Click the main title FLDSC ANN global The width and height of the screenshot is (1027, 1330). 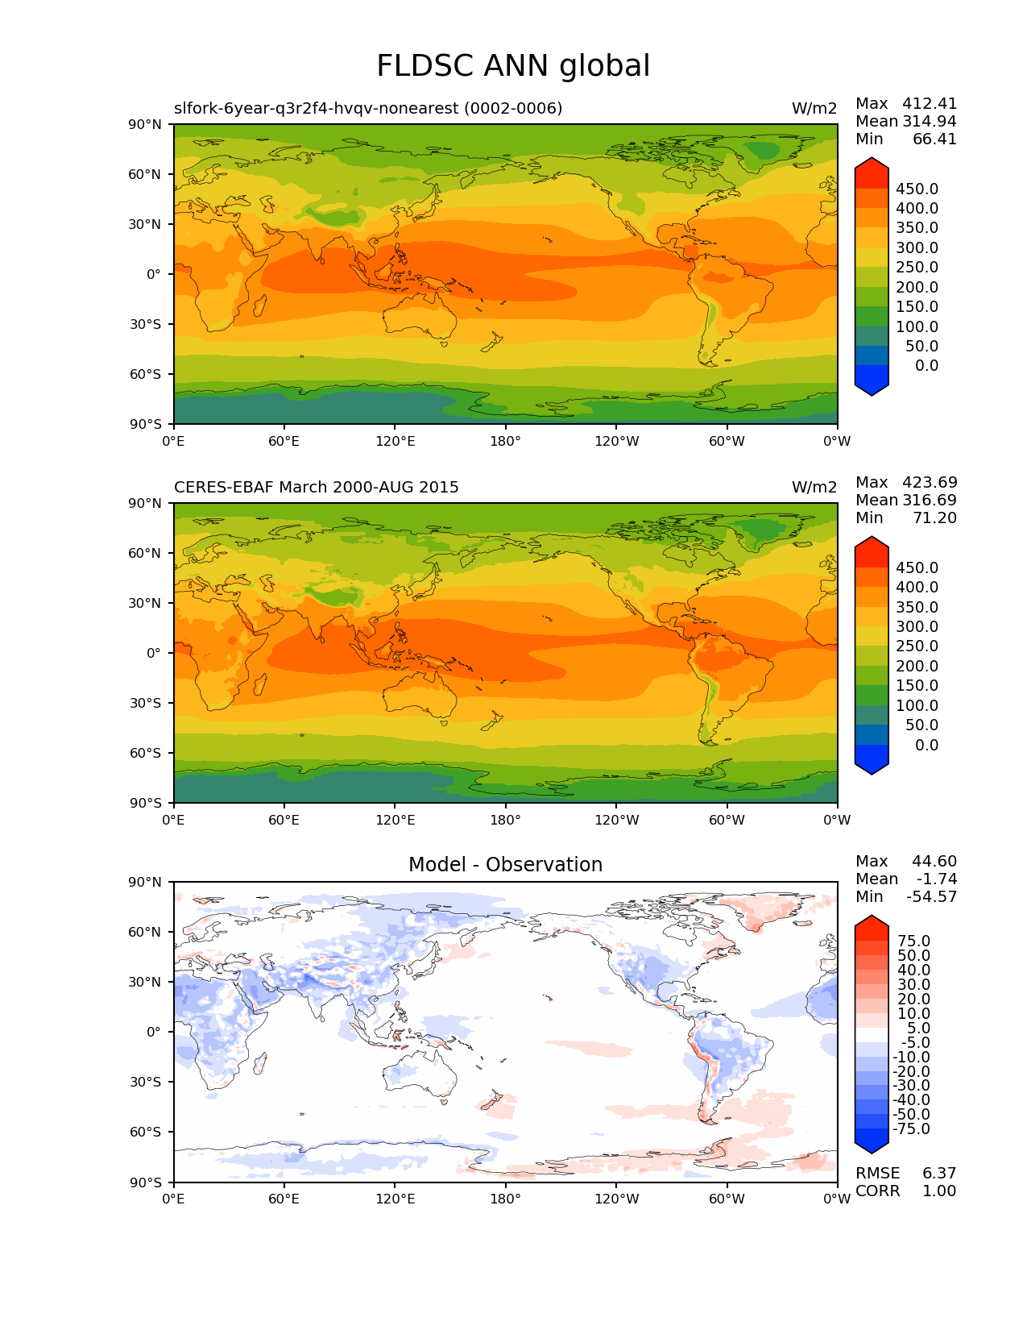click(513, 66)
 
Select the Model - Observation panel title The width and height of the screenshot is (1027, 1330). click(505, 865)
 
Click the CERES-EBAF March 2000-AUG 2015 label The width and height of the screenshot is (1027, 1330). click(317, 488)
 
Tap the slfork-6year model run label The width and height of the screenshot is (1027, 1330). click(368, 109)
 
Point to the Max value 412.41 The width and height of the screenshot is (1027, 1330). click(930, 104)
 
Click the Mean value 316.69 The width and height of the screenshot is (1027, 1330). click(930, 501)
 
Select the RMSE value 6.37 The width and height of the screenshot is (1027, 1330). click(939, 1174)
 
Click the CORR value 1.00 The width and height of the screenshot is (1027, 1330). click(939, 1191)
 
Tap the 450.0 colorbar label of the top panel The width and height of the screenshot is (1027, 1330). click(917, 189)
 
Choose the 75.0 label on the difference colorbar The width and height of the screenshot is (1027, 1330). click(913, 941)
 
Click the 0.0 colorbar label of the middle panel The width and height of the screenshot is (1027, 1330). click(926, 746)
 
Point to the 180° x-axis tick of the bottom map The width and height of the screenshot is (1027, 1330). click(506, 1199)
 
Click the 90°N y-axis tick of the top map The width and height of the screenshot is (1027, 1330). click(145, 124)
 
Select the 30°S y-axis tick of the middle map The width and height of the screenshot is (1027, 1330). click(146, 704)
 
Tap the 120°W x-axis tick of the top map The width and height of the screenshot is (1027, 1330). click(617, 442)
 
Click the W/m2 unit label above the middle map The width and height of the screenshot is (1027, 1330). click(814, 488)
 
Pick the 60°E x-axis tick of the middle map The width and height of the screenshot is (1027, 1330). click(284, 821)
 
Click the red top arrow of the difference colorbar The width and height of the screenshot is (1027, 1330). click(872, 927)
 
